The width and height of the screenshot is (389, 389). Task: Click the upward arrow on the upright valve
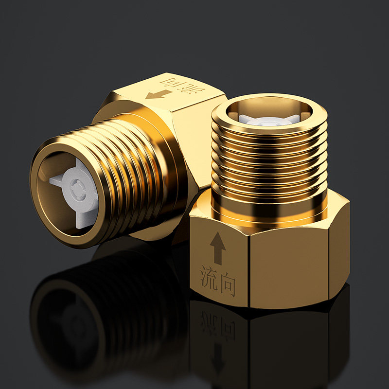(x=217, y=248)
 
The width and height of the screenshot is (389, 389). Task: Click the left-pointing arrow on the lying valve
(x=159, y=94)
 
